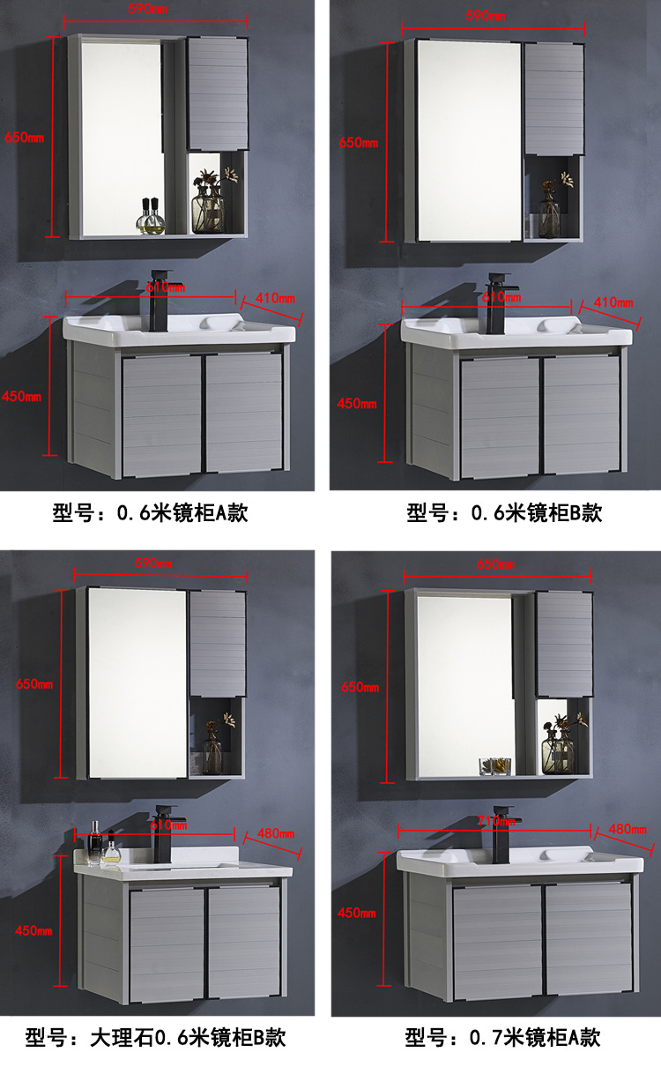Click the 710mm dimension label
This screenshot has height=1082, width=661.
[x=495, y=821]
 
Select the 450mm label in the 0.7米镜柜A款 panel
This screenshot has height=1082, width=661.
[x=356, y=912]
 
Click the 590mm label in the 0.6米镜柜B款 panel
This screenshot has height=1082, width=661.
[x=486, y=16]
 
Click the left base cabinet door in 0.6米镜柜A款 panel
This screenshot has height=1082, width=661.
[x=160, y=414]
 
